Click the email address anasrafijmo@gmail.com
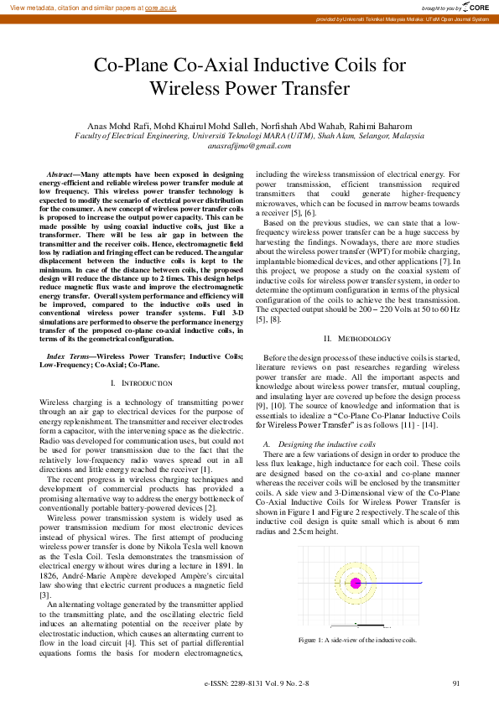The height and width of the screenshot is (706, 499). click(x=249, y=145)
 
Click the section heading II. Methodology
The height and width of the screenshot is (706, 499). click(x=356, y=337)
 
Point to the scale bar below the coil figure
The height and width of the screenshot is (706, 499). click(x=359, y=625)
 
